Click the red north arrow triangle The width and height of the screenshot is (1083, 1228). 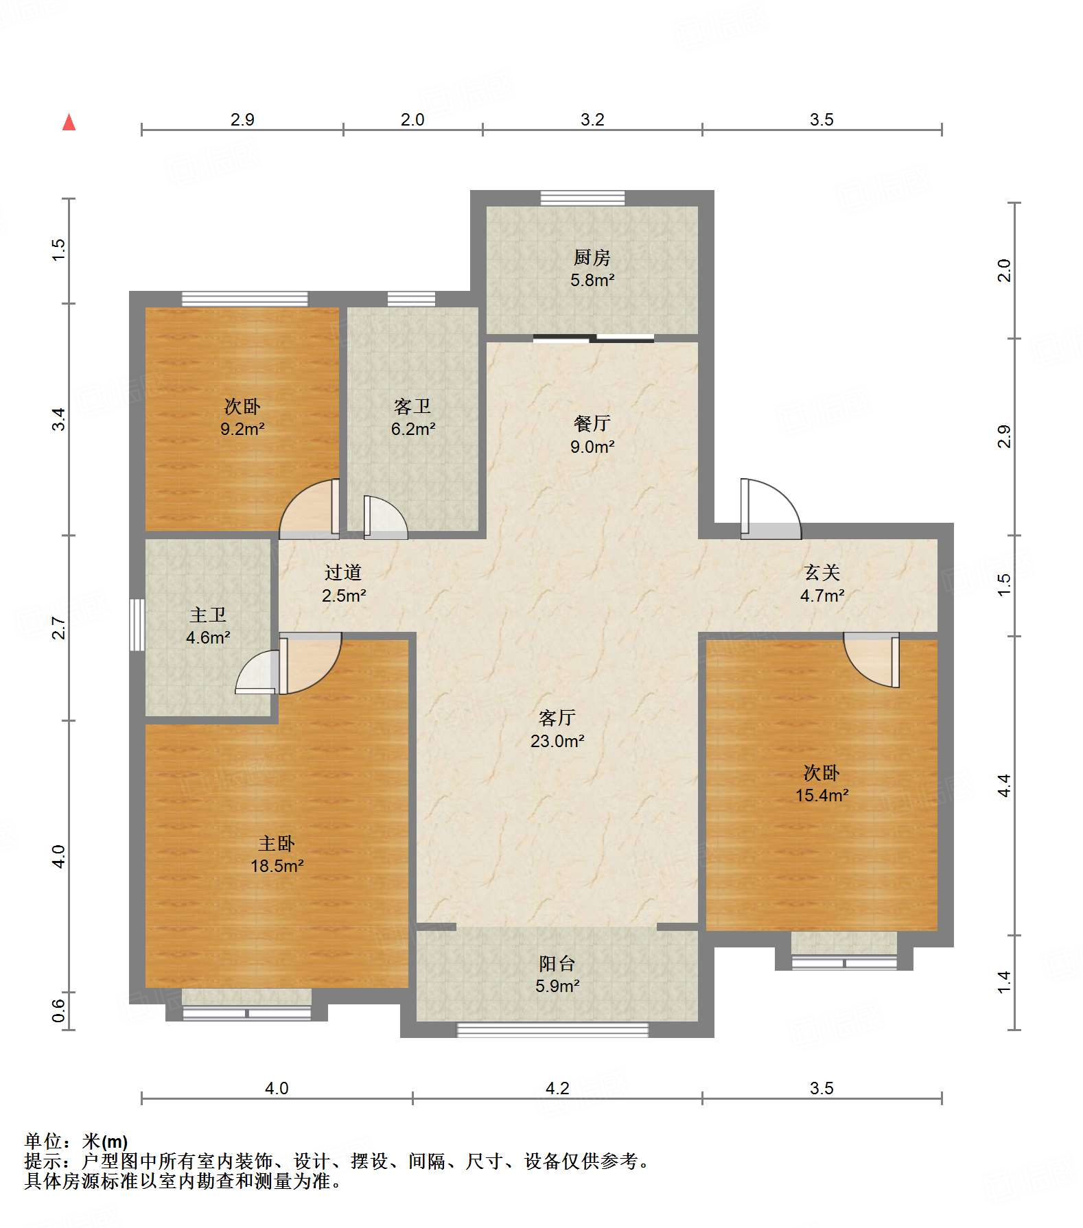[x=69, y=122]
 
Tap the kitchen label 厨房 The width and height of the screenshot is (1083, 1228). [x=592, y=257]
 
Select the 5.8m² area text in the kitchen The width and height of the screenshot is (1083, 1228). [x=592, y=280]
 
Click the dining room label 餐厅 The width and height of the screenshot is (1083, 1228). [x=592, y=423]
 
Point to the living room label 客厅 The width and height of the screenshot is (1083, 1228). [x=557, y=718]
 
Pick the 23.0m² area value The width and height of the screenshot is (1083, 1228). [x=557, y=741]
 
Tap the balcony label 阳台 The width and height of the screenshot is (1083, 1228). [x=557, y=963]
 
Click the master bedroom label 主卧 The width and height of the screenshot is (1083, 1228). [x=277, y=843]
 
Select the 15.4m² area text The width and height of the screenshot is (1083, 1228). [x=822, y=796]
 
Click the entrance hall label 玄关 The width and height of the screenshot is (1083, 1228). [x=822, y=572]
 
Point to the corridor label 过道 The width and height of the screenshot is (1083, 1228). [x=343, y=572]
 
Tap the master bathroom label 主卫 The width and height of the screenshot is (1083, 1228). [x=208, y=615]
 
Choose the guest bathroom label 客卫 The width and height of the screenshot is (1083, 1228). [x=412, y=406]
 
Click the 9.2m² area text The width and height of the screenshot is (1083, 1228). [x=242, y=429]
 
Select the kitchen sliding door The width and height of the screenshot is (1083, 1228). [x=594, y=338]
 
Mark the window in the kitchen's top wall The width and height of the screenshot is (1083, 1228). [x=583, y=198]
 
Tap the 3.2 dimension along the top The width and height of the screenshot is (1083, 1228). [x=592, y=120]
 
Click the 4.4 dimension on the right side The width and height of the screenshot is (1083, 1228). [x=1003, y=786]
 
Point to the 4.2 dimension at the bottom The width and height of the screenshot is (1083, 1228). [x=557, y=1088]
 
